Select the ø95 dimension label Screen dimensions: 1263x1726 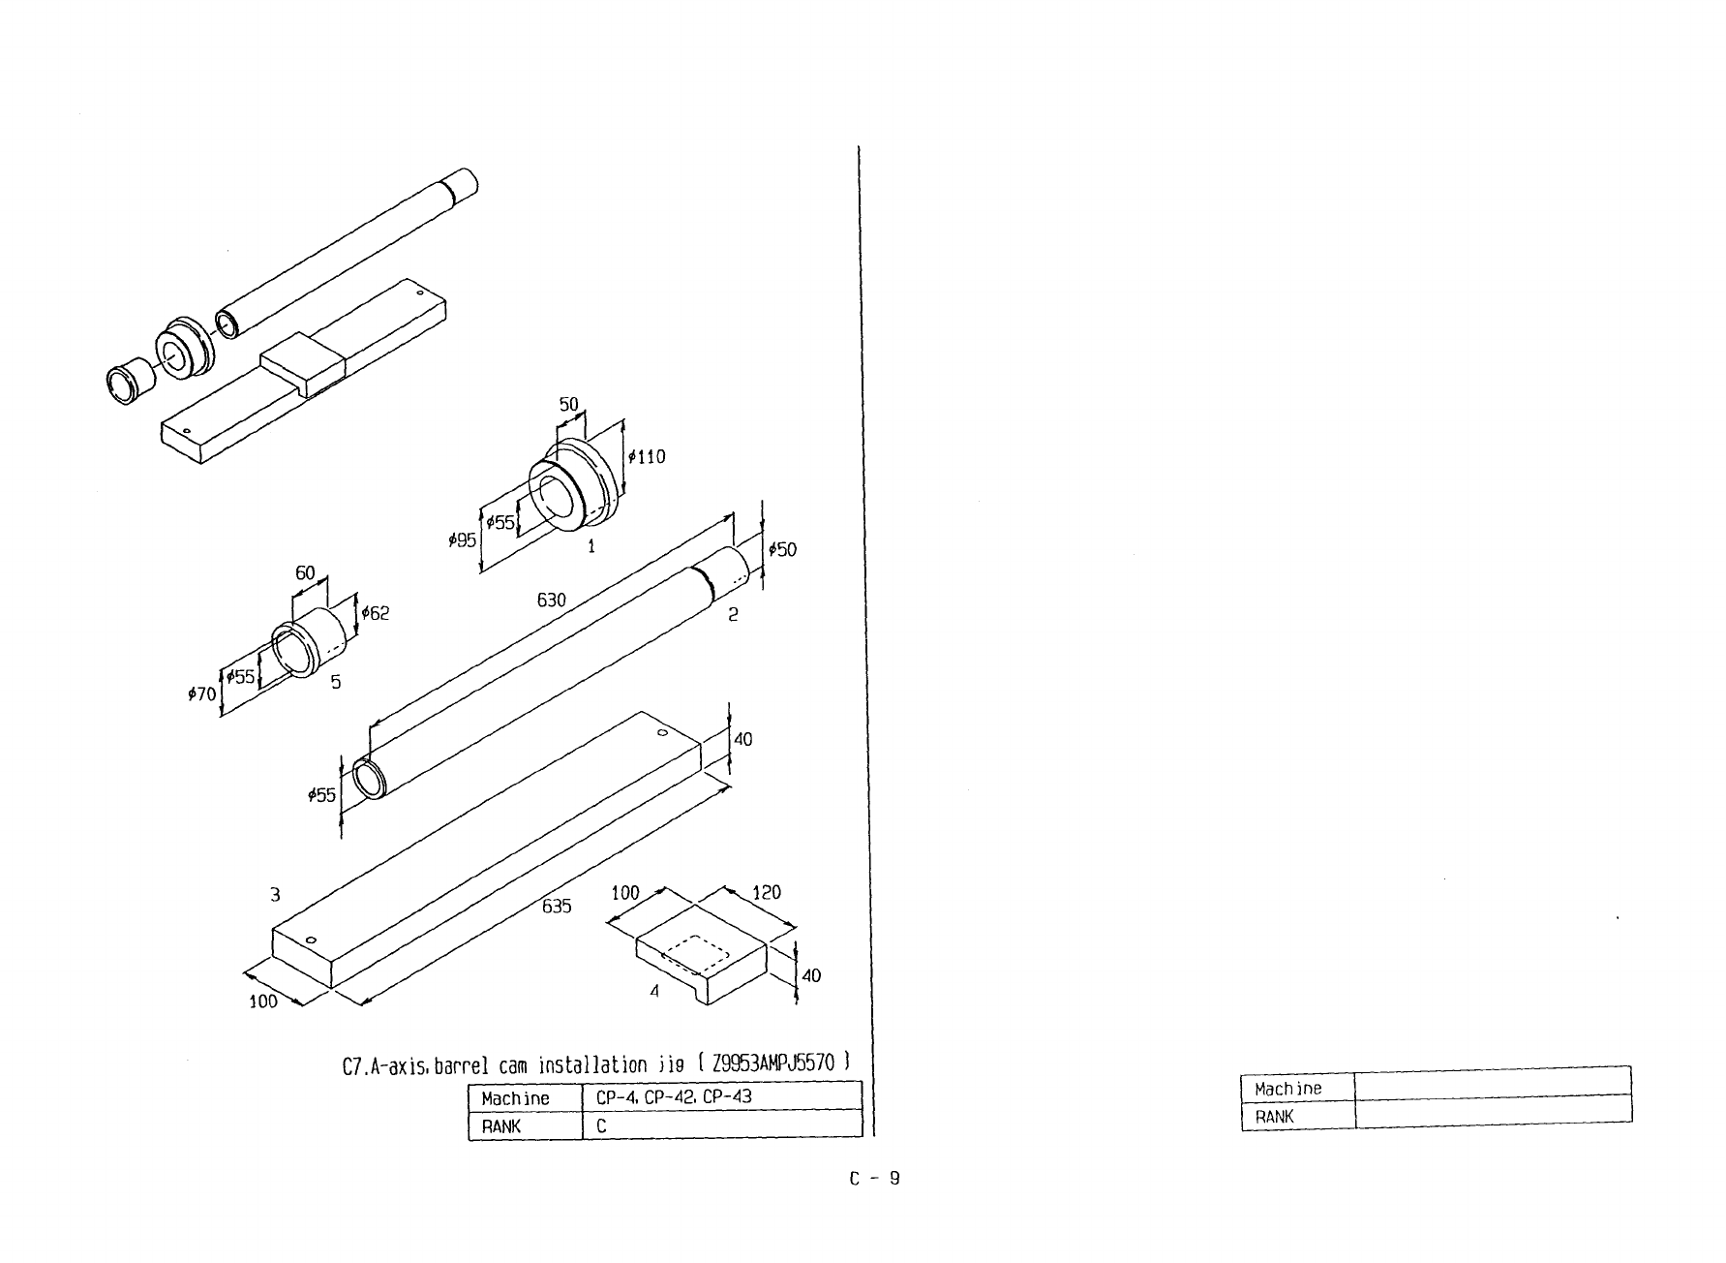[463, 540]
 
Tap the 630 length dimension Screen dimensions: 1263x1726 [551, 601]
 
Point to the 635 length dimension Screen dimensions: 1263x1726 [557, 907]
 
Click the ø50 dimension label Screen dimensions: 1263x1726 [782, 550]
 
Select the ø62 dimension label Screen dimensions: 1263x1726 [375, 613]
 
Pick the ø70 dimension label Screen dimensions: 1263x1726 [201, 693]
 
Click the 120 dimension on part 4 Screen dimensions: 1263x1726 [766, 892]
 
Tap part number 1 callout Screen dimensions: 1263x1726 [590, 546]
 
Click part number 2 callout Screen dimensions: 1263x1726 [733, 614]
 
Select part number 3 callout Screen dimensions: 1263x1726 [276, 893]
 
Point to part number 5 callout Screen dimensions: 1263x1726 [335, 682]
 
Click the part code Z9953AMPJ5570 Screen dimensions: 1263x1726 [772, 1063]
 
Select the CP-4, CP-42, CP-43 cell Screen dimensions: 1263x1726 [674, 1097]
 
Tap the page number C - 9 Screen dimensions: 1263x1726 [875, 1179]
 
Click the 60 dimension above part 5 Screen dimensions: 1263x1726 [305, 573]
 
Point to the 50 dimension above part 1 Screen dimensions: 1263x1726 [568, 404]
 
